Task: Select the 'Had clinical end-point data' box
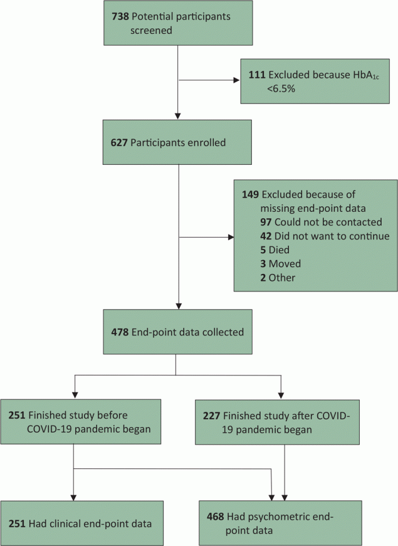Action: (82, 523)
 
